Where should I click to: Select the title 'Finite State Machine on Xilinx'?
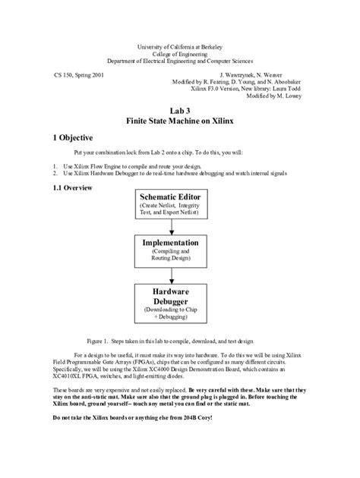click(x=179, y=121)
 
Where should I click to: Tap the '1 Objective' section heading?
click(x=73, y=138)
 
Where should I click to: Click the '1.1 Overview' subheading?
click(x=72, y=187)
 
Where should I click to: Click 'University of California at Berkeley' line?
click(x=180, y=46)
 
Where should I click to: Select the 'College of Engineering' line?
click(x=180, y=53)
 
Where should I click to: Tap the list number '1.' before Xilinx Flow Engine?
click(x=55, y=165)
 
